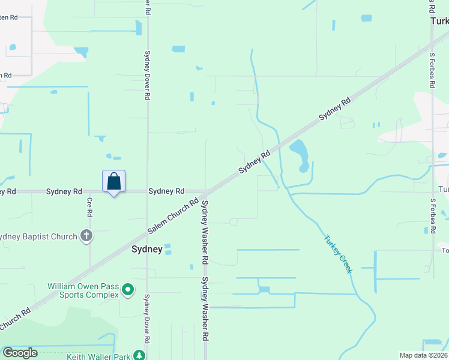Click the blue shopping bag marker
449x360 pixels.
coord(114,182)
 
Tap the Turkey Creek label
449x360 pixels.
coord(337,254)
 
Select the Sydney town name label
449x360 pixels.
coord(146,249)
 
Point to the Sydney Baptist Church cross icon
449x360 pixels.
coord(86,236)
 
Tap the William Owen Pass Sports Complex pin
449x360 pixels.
coord(127,290)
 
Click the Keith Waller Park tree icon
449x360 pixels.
coord(139,356)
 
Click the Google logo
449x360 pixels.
coord(20,353)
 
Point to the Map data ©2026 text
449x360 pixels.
coord(423,355)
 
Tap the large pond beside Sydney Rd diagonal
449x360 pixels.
coord(300,154)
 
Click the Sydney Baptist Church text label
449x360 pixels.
coord(38,236)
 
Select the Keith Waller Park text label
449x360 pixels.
coord(98,357)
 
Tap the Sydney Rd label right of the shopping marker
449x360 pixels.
coord(166,191)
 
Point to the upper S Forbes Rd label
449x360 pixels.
coord(432,74)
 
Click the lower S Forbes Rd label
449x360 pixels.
coord(432,216)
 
